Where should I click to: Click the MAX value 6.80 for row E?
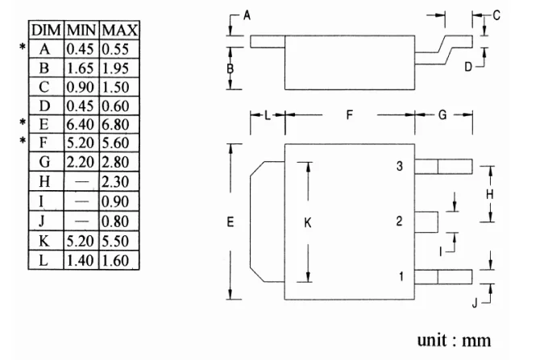119,125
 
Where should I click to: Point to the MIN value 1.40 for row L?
81,259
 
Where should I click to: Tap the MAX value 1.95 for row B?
119,68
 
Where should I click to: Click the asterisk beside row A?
23,49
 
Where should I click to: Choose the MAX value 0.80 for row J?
119,221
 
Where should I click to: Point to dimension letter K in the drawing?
308,224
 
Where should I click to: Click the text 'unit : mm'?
455,339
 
